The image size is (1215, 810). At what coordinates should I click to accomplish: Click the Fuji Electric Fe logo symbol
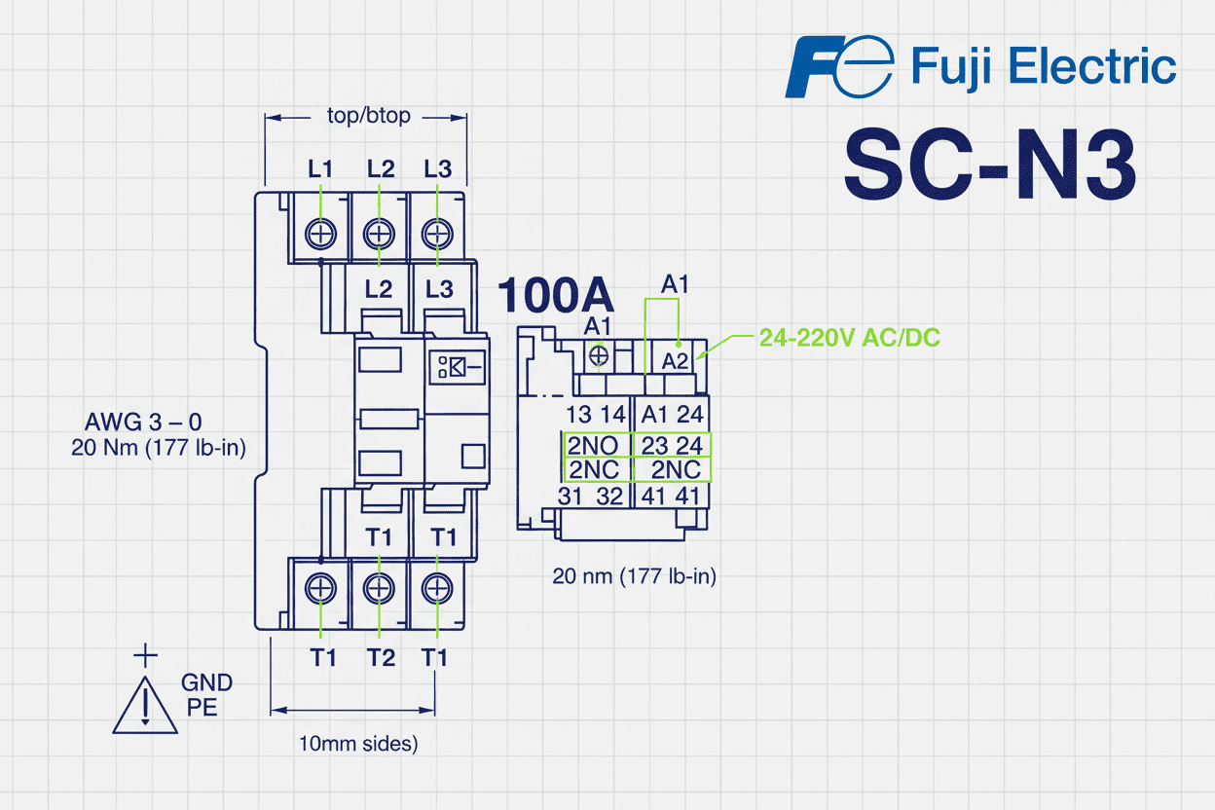tap(838, 67)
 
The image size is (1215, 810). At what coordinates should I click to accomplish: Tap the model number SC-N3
tap(989, 165)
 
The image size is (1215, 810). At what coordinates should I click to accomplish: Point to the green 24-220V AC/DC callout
tap(849, 338)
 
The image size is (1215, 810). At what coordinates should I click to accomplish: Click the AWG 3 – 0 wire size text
tap(144, 423)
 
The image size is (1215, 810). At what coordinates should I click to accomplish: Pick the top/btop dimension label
tap(368, 116)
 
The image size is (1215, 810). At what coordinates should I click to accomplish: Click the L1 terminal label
tap(320, 168)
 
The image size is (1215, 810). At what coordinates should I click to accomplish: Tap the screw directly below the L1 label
tap(320, 234)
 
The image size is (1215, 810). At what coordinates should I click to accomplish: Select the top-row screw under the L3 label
tap(438, 234)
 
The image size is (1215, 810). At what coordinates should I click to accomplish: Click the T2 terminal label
tap(381, 658)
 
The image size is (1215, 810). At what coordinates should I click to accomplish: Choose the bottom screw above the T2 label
tap(379, 588)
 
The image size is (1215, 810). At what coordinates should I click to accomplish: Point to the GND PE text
tap(206, 695)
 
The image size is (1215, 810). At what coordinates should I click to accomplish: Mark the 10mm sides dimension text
tap(358, 744)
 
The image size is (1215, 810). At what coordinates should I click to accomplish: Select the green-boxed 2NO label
tap(594, 446)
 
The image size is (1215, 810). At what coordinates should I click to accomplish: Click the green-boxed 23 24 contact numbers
tap(672, 446)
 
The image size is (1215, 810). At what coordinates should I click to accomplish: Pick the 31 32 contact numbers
tap(590, 496)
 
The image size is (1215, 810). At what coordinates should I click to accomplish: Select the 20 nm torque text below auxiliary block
tap(634, 576)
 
